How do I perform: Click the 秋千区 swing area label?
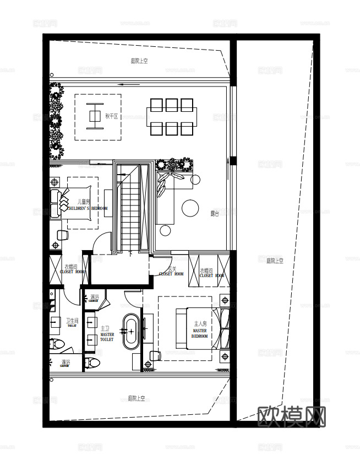[112, 117]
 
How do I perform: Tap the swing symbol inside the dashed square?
[95, 116]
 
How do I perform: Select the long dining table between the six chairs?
[171, 116]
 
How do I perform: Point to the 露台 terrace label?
[214, 214]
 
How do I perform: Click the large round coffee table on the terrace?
[190, 207]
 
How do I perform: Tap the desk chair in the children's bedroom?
[62, 235]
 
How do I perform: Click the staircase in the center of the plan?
[130, 209]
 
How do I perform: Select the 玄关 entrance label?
[172, 269]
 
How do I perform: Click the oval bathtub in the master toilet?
[131, 332]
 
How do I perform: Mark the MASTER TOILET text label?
[107, 337]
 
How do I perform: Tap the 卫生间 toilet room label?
[72, 321]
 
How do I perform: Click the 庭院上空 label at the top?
[139, 61]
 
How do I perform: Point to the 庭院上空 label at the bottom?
[136, 398]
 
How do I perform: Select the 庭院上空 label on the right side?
[275, 261]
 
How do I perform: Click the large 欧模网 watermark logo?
[291, 418]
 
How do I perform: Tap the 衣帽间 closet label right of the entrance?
[206, 271]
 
